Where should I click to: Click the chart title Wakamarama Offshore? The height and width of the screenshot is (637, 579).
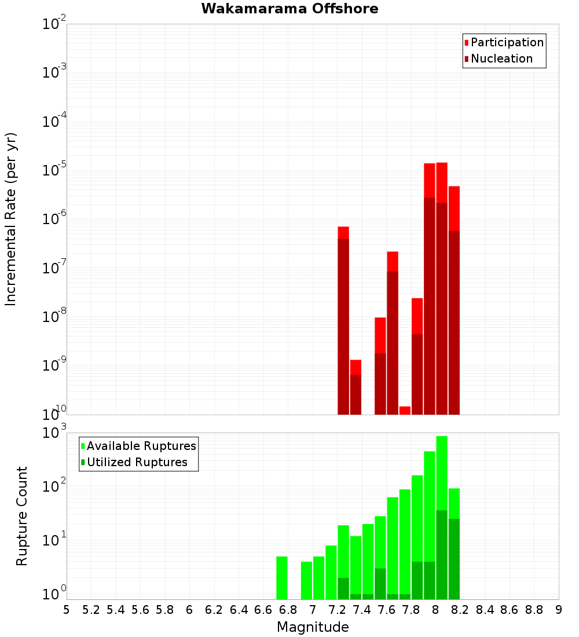click(x=289, y=9)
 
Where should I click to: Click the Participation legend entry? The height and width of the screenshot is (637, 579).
click(x=507, y=43)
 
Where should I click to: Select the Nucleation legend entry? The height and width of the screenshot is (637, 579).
click(x=501, y=59)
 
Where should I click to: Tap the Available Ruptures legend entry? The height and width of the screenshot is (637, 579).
click(x=141, y=446)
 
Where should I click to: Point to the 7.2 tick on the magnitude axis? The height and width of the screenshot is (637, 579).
click(x=337, y=610)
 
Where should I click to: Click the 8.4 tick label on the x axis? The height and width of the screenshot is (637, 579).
click(x=485, y=610)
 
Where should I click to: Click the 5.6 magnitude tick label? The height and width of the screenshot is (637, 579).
click(x=140, y=610)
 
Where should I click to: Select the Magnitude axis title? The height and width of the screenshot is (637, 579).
click(x=313, y=628)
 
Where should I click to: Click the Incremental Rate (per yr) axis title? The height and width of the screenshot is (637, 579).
click(x=10, y=219)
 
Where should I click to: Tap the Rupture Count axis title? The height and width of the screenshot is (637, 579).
click(x=22, y=516)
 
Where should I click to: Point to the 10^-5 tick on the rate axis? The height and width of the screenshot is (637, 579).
click(x=53, y=170)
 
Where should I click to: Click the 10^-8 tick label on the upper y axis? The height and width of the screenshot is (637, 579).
click(x=53, y=317)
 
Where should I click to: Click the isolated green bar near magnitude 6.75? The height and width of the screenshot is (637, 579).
click(x=282, y=578)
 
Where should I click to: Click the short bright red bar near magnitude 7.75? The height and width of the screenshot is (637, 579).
click(x=405, y=411)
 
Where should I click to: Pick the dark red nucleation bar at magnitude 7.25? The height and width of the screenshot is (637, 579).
click(x=343, y=326)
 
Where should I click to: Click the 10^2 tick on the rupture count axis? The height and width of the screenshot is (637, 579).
click(x=53, y=486)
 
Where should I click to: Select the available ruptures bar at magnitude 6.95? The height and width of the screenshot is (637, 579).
click(x=306, y=580)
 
